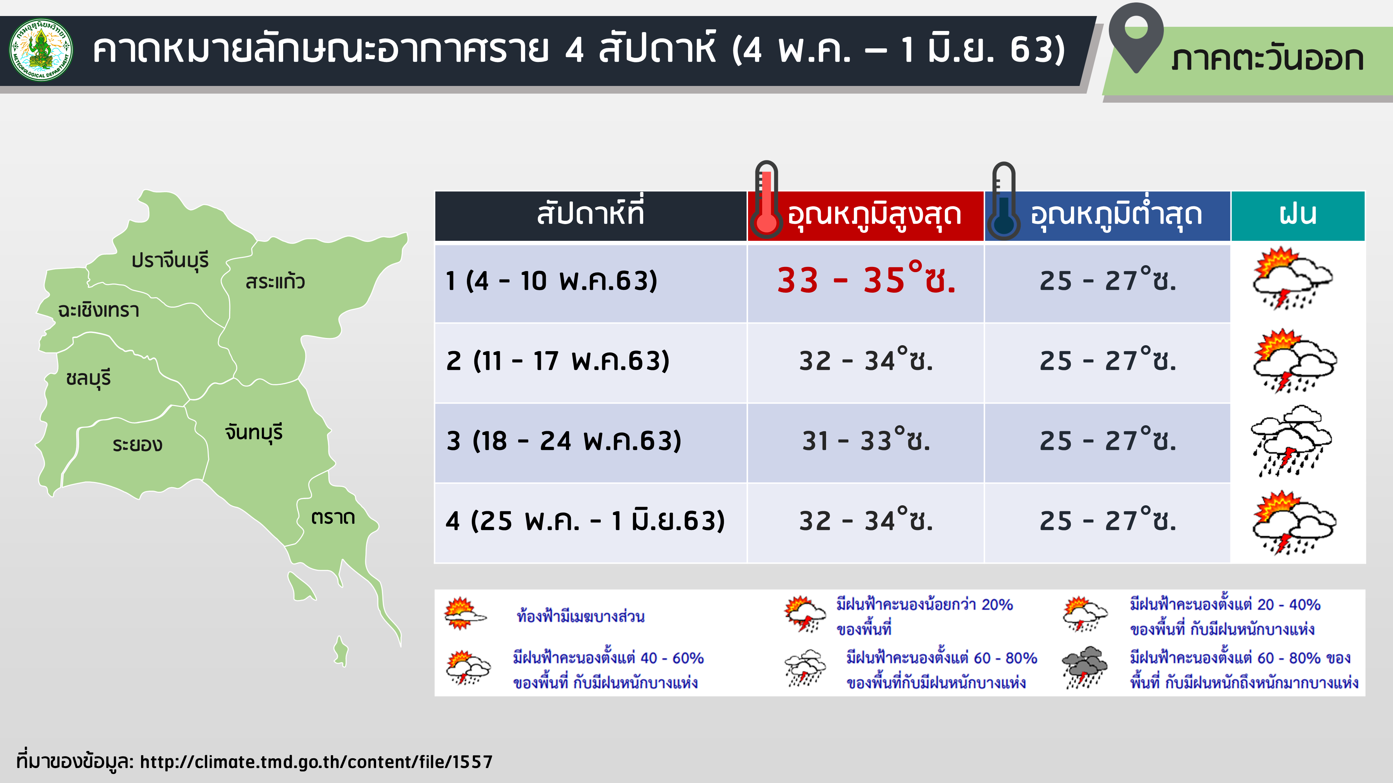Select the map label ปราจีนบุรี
pos(170,260)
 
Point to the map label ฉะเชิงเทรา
pos(99,310)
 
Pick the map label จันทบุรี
pos(254,432)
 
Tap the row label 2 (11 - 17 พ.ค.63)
pos(558,361)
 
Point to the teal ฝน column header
pos(1298,216)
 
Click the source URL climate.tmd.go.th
pos(316,762)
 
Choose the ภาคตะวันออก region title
pos(1267,59)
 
